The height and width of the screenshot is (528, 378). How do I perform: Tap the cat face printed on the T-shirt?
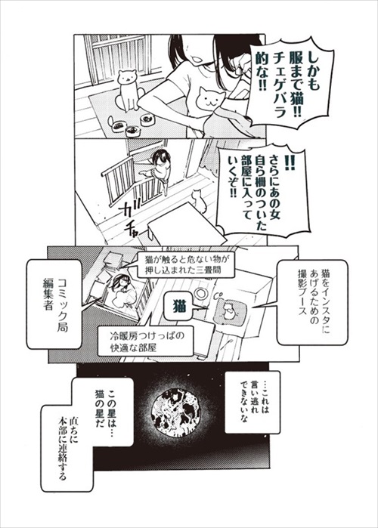209,98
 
